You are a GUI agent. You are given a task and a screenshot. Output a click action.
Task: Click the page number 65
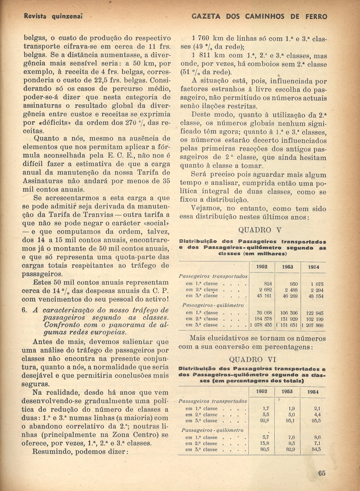[321, 473]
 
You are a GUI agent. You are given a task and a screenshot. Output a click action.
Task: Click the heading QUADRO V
[260, 230]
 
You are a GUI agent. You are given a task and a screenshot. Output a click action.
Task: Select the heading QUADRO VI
[251, 359]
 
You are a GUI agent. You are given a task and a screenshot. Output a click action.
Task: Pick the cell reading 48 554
[316, 296]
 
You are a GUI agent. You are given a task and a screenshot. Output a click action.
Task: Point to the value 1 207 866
[312, 325]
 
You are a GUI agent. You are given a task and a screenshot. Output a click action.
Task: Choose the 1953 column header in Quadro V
[287, 267]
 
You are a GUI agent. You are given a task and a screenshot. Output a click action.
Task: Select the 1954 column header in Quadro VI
[312, 392]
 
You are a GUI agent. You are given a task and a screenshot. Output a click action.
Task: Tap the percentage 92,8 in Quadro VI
[265, 420]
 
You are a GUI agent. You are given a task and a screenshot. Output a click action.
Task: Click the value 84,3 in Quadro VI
[317, 449]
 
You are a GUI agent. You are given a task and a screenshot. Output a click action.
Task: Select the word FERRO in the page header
[316, 17]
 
